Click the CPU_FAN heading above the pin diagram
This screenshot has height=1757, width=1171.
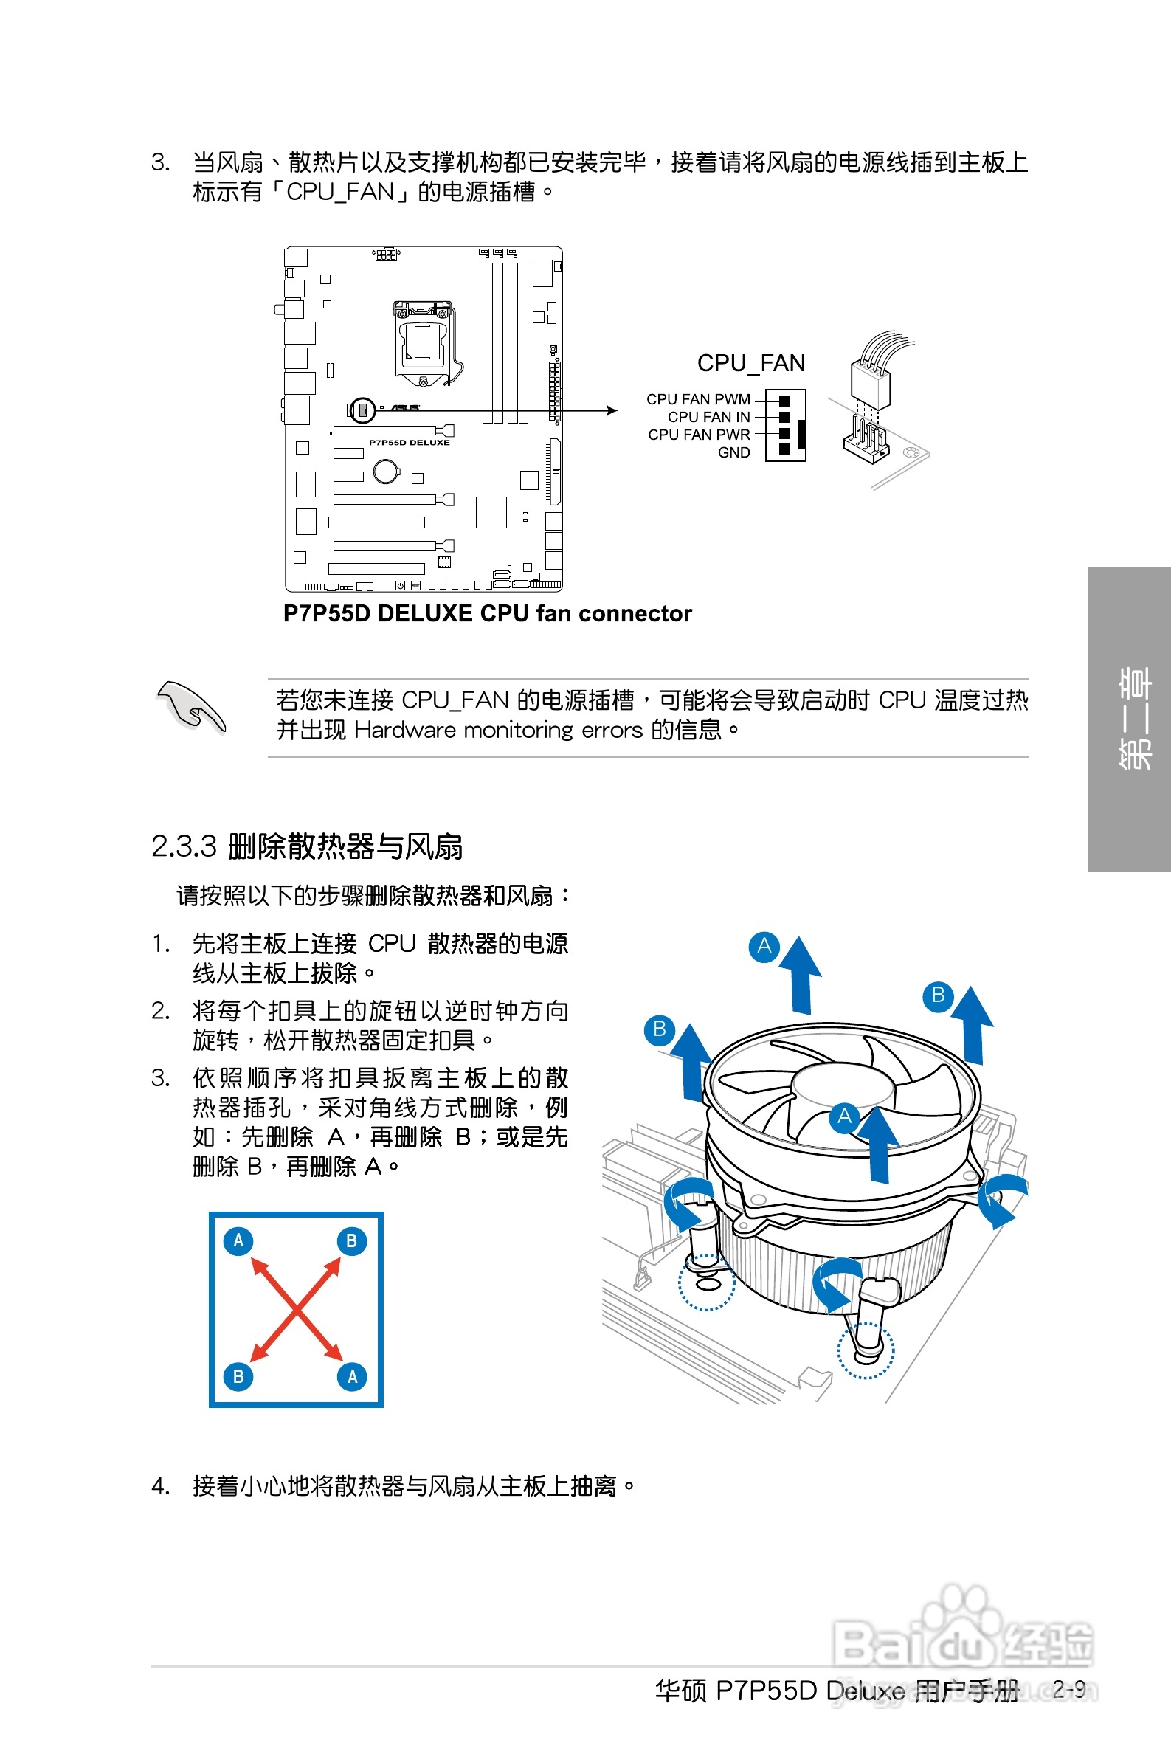[x=750, y=363]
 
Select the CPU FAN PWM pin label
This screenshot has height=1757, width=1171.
[x=698, y=399]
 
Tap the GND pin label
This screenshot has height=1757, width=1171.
[x=733, y=452]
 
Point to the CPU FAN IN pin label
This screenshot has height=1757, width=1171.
[x=708, y=417]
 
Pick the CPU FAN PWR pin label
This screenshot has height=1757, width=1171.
[x=699, y=435]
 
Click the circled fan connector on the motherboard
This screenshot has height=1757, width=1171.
[x=363, y=410]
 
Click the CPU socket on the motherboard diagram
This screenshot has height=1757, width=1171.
[x=423, y=342]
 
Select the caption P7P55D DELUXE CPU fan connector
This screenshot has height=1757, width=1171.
[x=488, y=613]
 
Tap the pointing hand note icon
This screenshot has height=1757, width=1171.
[x=191, y=707]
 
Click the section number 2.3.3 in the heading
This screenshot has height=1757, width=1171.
[x=184, y=846]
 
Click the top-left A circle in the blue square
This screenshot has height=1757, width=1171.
[x=238, y=1240]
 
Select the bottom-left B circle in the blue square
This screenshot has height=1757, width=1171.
[x=238, y=1376]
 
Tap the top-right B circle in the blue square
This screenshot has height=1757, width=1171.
[x=352, y=1240]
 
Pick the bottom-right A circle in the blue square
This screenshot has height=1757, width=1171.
[x=353, y=1376]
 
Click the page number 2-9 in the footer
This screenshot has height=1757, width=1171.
[x=1068, y=1688]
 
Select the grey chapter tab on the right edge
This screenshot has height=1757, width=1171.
[x=1129, y=719]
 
